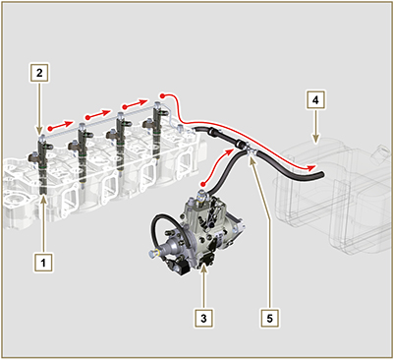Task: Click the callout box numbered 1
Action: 43,263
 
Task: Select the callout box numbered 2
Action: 39,73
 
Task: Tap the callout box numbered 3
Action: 203,318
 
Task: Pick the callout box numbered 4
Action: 315,100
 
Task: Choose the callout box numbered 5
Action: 269,318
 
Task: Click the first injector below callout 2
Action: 41,164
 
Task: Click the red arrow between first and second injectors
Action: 61,125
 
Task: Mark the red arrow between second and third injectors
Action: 97,114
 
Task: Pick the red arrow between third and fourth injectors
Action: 135,104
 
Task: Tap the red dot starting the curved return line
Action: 163,95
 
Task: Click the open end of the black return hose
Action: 321,175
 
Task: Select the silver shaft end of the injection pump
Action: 151,253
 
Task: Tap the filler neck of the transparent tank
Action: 381,153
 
